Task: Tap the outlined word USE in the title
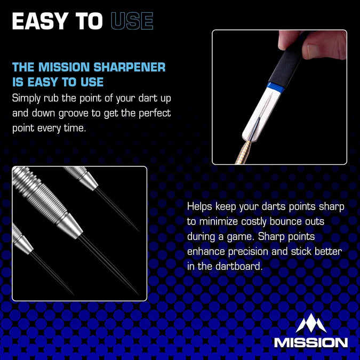[x=132, y=21]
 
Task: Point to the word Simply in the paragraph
[x=28, y=99]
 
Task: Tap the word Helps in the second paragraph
[x=201, y=206]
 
